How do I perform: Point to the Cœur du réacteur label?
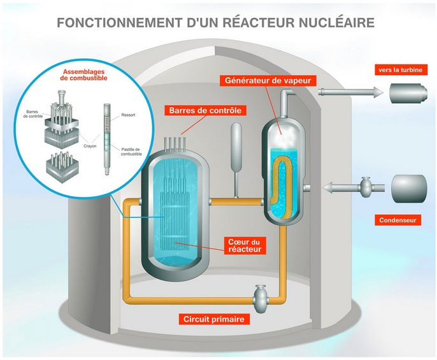pos(246,245)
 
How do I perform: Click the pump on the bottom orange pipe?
pos(261,294)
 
